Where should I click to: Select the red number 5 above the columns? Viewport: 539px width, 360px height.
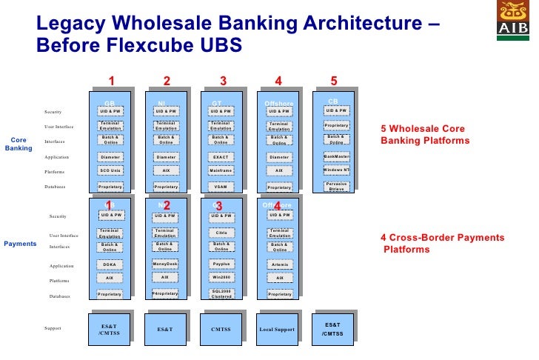click(x=334, y=81)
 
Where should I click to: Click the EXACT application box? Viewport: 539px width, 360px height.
click(x=221, y=157)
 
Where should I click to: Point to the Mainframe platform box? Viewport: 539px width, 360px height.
click(x=221, y=171)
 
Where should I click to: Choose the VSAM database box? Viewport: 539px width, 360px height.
click(x=221, y=187)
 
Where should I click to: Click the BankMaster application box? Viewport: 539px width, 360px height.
click(x=336, y=156)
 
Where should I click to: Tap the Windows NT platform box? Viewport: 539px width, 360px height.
click(x=336, y=170)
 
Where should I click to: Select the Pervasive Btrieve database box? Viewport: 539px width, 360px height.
click(x=336, y=186)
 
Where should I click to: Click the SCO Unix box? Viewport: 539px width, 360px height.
click(x=110, y=171)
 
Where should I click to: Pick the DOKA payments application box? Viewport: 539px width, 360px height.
click(x=110, y=264)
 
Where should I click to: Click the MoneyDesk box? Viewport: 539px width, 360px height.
click(x=165, y=264)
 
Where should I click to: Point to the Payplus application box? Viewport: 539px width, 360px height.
click(x=221, y=264)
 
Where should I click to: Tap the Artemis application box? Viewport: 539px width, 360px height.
click(x=279, y=264)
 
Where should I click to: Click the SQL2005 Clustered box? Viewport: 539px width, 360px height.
click(x=221, y=293)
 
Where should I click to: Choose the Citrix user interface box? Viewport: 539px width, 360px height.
click(x=221, y=233)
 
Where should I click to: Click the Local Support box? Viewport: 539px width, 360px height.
click(x=277, y=329)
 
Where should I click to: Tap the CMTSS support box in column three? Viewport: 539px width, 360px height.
click(x=221, y=329)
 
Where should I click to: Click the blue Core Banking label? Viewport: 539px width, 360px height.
click(x=19, y=144)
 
